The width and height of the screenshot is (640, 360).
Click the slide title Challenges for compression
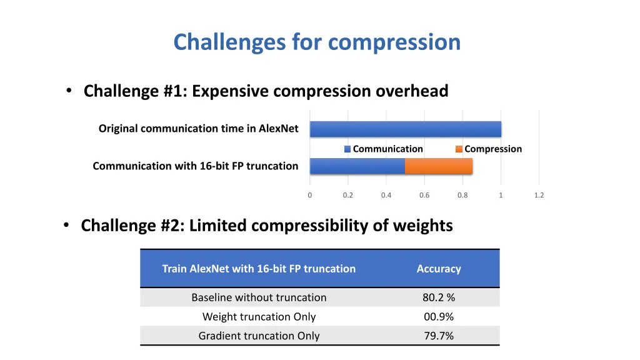point(317,42)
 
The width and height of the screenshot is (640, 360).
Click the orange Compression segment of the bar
point(438,166)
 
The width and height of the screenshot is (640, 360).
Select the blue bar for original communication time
point(405,129)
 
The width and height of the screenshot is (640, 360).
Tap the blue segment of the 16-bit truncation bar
point(357,166)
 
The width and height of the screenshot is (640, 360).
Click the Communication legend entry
point(383,149)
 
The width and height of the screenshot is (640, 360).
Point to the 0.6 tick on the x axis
point(424,195)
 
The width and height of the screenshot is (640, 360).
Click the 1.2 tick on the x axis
point(539,195)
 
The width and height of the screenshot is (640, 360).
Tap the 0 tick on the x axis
point(309,195)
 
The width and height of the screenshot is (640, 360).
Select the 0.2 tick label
point(347,195)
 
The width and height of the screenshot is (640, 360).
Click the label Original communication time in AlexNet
point(198,129)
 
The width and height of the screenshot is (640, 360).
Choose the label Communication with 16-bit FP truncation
point(195,166)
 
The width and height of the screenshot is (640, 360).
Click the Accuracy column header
point(439,269)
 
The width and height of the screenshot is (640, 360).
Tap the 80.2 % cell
point(439,297)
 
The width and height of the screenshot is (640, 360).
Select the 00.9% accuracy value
point(439,317)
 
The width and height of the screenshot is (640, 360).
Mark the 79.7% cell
point(439,336)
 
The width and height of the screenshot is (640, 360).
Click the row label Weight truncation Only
point(259,317)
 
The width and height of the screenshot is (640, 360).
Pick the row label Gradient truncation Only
point(259,336)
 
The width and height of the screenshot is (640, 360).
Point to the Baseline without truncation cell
point(259,297)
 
